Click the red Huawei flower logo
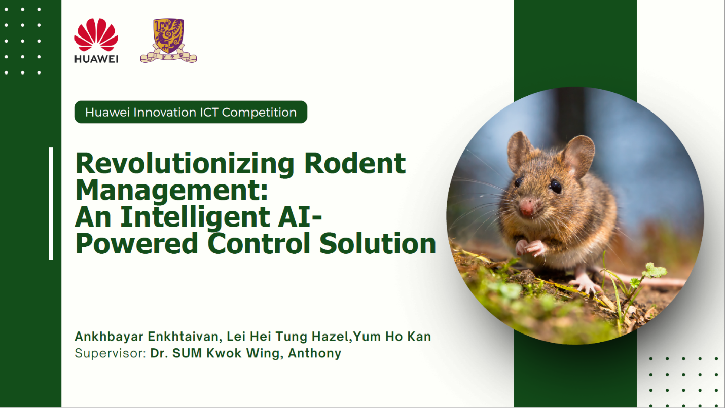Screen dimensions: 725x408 click(96, 34)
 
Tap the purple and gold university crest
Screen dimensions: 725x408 click(168, 41)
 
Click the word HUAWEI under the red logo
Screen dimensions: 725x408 click(96, 59)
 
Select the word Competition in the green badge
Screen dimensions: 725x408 click(259, 113)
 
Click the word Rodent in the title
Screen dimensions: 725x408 click(355, 163)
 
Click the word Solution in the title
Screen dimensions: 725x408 click(378, 243)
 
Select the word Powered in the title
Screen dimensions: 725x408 click(136, 243)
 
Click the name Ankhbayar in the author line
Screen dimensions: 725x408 click(109, 337)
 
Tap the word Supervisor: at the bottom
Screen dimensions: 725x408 click(111, 353)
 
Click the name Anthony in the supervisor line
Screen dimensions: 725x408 click(314, 353)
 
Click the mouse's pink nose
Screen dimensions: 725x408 click(527, 208)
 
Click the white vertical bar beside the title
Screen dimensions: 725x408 click(51, 204)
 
